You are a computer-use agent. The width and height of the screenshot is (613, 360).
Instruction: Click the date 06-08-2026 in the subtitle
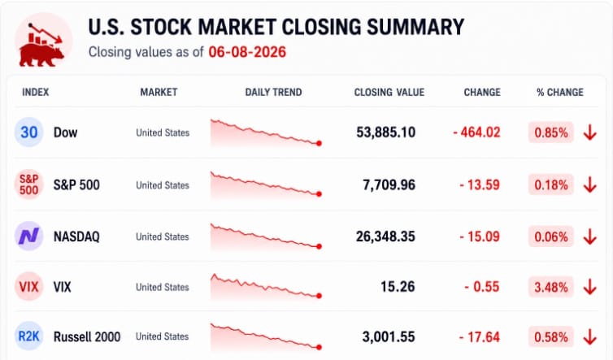(247, 52)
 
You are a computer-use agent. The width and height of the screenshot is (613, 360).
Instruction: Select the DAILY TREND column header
(273, 93)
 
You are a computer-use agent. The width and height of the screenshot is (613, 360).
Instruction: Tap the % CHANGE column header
(560, 93)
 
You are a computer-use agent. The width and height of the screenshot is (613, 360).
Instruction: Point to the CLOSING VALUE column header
(389, 93)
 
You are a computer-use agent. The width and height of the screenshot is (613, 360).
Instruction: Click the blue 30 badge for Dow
(29, 132)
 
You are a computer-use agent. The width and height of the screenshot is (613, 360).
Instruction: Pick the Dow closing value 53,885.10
(385, 132)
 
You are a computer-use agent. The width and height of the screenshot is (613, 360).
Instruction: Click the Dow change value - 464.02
(476, 132)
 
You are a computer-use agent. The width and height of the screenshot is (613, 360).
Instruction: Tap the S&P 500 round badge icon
(29, 184)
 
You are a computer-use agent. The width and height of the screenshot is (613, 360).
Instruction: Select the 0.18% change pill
(551, 184)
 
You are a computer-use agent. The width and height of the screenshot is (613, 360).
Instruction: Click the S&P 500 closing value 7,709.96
(389, 185)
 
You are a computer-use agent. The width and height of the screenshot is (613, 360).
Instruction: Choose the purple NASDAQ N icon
(29, 236)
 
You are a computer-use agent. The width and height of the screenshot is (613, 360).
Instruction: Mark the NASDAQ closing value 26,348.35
(385, 236)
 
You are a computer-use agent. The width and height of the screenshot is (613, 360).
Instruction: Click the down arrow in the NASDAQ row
(590, 236)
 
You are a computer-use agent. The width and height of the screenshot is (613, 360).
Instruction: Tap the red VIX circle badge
(29, 287)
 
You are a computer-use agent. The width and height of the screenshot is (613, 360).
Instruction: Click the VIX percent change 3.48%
(551, 288)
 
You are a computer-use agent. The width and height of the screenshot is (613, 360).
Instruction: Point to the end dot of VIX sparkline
(319, 296)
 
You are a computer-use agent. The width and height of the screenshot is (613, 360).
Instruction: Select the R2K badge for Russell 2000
(29, 336)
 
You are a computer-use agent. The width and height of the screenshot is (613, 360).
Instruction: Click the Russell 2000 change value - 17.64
(480, 337)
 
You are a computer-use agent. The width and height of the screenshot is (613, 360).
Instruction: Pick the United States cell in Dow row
(163, 132)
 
